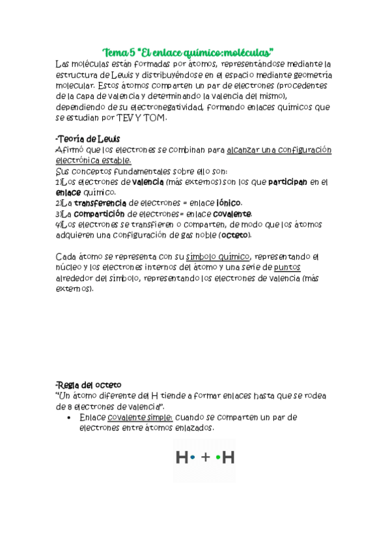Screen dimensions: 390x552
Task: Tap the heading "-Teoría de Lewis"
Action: (87, 139)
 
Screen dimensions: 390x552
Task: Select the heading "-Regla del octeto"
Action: (89, 385)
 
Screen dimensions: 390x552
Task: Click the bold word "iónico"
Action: (229, 203)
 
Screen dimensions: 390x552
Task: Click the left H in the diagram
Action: (182, 458)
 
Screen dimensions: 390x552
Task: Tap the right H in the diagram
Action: (229, 458)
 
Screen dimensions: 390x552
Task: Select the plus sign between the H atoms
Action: (206, 458)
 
